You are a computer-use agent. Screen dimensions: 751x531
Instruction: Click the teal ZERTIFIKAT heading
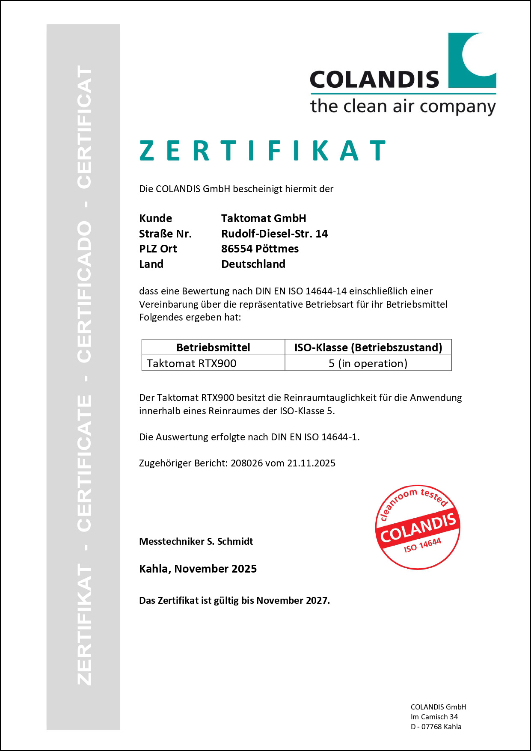pyautogui.click(x=263, y=151)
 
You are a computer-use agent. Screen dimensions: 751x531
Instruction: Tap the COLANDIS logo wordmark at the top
pyautogui.click(x=374, y=80)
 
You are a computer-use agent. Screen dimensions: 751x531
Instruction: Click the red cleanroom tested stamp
pyautogui.click(x=417, y=527)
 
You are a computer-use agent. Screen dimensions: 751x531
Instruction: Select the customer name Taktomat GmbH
pyautogui.click(x=264, y=218)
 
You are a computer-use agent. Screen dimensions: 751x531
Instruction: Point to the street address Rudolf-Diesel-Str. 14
pyautogui.click(x=274, y=234)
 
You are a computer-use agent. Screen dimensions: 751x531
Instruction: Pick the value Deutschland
pyautogui.click(x=253, y=264)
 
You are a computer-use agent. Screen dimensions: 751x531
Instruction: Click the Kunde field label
pyautogui.click(x=155, y=218)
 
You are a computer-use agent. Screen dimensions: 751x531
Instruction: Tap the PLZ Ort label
pyautogui.click(x=158, y=249)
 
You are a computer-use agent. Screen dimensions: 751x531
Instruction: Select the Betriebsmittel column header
pyautogui.click(x=213, y=347)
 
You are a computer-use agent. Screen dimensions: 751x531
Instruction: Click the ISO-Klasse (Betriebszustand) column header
pyautogui.click(x=368, y=347)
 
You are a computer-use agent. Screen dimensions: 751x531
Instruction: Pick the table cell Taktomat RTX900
pyautogui.click(x=191, y=363)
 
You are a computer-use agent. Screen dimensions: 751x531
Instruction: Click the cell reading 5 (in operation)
pyautogui.click(x=368, y=363)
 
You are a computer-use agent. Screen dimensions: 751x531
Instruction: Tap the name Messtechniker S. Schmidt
pyautogui.click(x=196, y=541)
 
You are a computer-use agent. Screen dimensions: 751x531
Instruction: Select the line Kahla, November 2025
pyautogui.click(x=198, y=569)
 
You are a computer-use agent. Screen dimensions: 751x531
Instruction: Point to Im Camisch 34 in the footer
pyautogui.click(x=434, y=717)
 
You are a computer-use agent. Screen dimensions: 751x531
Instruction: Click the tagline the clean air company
pyautogui.click(x=403, y=106)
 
